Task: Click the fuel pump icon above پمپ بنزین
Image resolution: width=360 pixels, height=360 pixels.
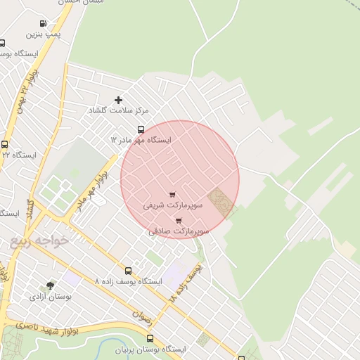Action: click(x=44, y=23)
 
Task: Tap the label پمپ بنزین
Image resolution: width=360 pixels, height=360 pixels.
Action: click(x=44, y=34)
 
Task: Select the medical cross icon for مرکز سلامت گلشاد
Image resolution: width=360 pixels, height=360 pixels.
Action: click(x=118, y=101)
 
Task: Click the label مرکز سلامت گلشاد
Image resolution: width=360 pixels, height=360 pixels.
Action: click(x=118, y=111)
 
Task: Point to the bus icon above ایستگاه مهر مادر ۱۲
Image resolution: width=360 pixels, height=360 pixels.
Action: click(x=141, y=129)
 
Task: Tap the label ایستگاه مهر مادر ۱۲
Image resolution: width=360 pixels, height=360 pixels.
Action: click(x=141, y=140)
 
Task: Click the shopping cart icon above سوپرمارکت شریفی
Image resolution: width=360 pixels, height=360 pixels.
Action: click(x=173, y=195)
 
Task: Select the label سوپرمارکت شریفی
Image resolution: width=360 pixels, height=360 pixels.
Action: click(x=173, y=205)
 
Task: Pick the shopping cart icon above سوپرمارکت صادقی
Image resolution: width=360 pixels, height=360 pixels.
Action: click(x=179, y=220)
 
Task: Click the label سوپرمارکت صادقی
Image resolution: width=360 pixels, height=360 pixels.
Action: click(x=179, y=231)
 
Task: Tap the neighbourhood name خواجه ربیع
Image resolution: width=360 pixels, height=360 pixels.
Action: click(x=40, y=241)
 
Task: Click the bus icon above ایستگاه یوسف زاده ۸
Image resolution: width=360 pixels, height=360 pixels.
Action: click(x=128, y=271)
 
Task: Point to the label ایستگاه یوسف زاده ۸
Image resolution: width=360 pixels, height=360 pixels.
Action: click(x=128, y=281)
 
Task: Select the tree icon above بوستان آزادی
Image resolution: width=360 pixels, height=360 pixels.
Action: click(x=50, y=285)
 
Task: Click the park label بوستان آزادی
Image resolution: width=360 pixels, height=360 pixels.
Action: click(x=50, y=297)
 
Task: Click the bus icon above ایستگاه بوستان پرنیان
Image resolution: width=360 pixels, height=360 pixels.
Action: click(x=150, y=338)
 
